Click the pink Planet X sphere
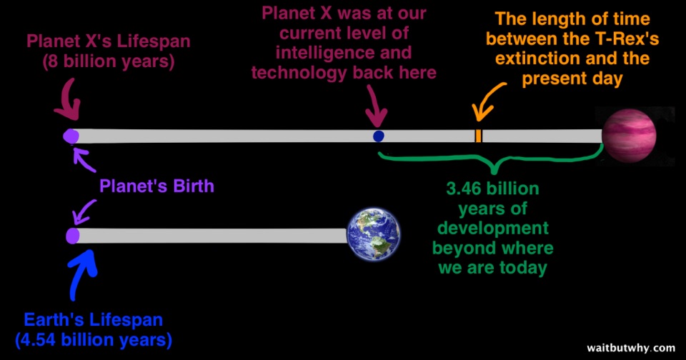[629, 136]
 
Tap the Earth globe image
[373, 234]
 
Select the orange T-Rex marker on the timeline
[478, 136]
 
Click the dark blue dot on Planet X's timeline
[379, 136]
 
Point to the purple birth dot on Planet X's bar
[71, 136]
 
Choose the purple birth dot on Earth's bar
[73, 236]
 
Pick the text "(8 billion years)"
[109, 61]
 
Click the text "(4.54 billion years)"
[94, 340]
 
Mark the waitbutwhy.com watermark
[631, 348]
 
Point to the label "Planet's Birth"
[156, 186]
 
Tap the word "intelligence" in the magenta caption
[344, 53]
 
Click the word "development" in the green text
[493, 229]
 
